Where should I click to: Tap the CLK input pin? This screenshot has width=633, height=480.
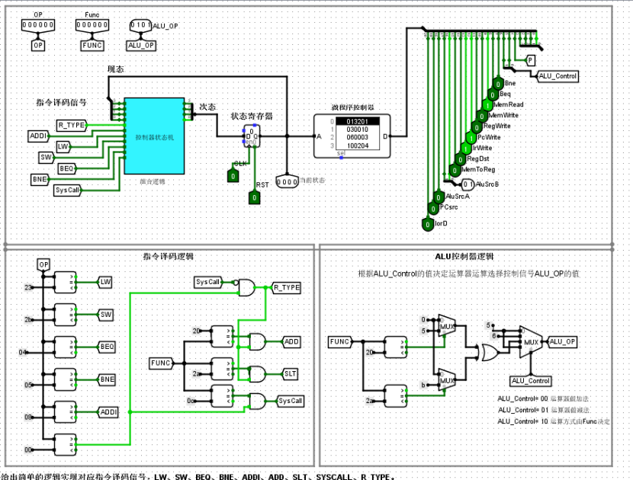[x=233, y=176]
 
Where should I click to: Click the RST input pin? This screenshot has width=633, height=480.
[x=255, y=197]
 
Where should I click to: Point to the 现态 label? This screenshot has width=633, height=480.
[x=115, y=69]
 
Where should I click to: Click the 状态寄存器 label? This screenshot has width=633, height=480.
[x=252, y=117]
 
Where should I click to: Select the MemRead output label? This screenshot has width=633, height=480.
[x=509, y=104]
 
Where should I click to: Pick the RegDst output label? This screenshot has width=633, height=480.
[x=477, y=158]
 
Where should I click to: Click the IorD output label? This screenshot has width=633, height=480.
[x=440, y=224]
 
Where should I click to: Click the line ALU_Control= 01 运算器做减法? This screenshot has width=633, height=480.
[x=543, y=410]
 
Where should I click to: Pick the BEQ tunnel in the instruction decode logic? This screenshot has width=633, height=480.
[x=107, y=347]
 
